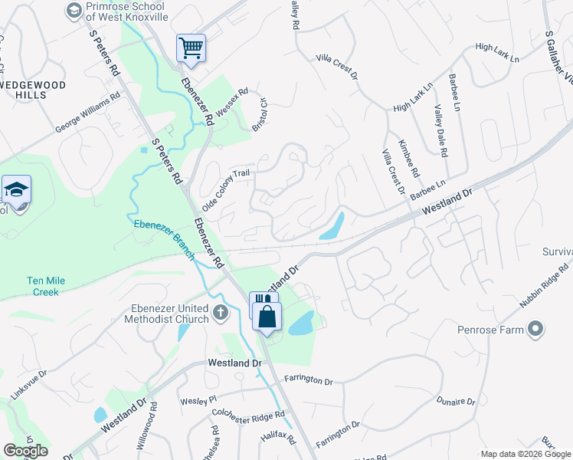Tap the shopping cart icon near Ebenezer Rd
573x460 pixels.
(190, 48)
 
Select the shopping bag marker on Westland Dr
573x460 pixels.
(267, 316)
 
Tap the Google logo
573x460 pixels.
(25, 450)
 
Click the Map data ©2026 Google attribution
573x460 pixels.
(526, 454)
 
